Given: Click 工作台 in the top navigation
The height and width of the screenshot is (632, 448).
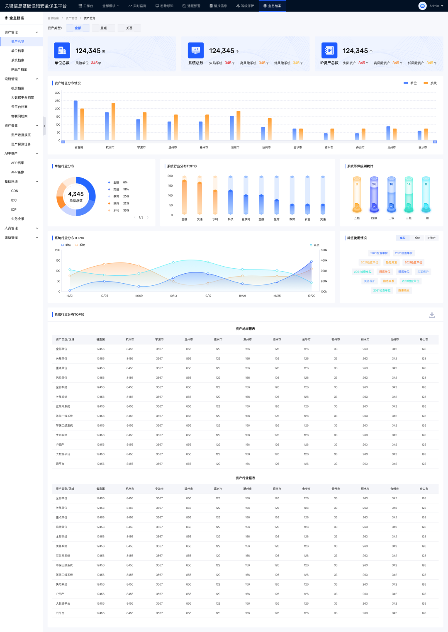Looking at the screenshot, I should point(86,6).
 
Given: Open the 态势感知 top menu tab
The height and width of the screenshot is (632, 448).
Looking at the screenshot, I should point(165,6).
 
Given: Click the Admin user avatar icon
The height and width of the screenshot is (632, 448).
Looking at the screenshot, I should point(422,6).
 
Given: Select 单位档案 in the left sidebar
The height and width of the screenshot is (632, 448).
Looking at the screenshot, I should point(18,51).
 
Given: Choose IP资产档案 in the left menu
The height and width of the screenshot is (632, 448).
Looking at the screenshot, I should point(19,70).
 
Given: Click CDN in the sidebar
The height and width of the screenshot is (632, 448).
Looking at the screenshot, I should point(15,191).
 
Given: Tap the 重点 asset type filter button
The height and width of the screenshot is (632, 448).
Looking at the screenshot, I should point(104,28).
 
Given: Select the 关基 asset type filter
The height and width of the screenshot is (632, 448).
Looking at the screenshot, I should point(129,28).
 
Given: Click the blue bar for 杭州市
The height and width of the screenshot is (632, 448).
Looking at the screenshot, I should point(107,126).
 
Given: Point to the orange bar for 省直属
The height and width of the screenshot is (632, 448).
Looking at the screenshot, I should point(82,124).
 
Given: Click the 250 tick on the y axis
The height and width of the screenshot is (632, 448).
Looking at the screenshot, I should point(58,101).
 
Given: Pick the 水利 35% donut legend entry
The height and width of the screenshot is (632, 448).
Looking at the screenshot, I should point(121,210).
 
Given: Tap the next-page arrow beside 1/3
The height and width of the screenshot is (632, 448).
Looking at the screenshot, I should point(148,217).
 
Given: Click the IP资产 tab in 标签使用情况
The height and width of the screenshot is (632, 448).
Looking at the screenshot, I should point(431,238).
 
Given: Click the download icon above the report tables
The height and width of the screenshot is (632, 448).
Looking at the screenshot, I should point(432,315).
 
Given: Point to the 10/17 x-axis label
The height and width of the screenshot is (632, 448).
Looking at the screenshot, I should point(208,296).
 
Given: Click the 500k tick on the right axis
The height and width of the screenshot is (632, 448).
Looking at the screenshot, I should point(324,250).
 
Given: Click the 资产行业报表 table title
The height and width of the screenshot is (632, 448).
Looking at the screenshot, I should point(246,478).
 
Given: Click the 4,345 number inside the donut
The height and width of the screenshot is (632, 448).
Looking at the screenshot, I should point(76,194).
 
